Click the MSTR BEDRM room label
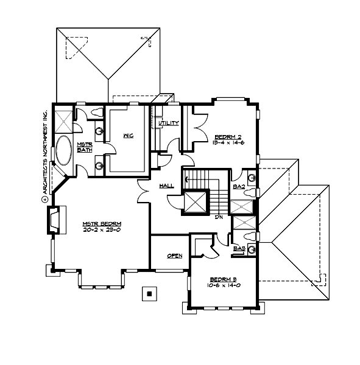102,224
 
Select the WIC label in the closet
128,136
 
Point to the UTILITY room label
169,123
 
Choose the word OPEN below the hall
174,255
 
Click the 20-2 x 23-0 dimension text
102,231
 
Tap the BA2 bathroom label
238,187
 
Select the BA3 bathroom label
238,248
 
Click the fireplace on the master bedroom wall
54,220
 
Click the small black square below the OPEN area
148,294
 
